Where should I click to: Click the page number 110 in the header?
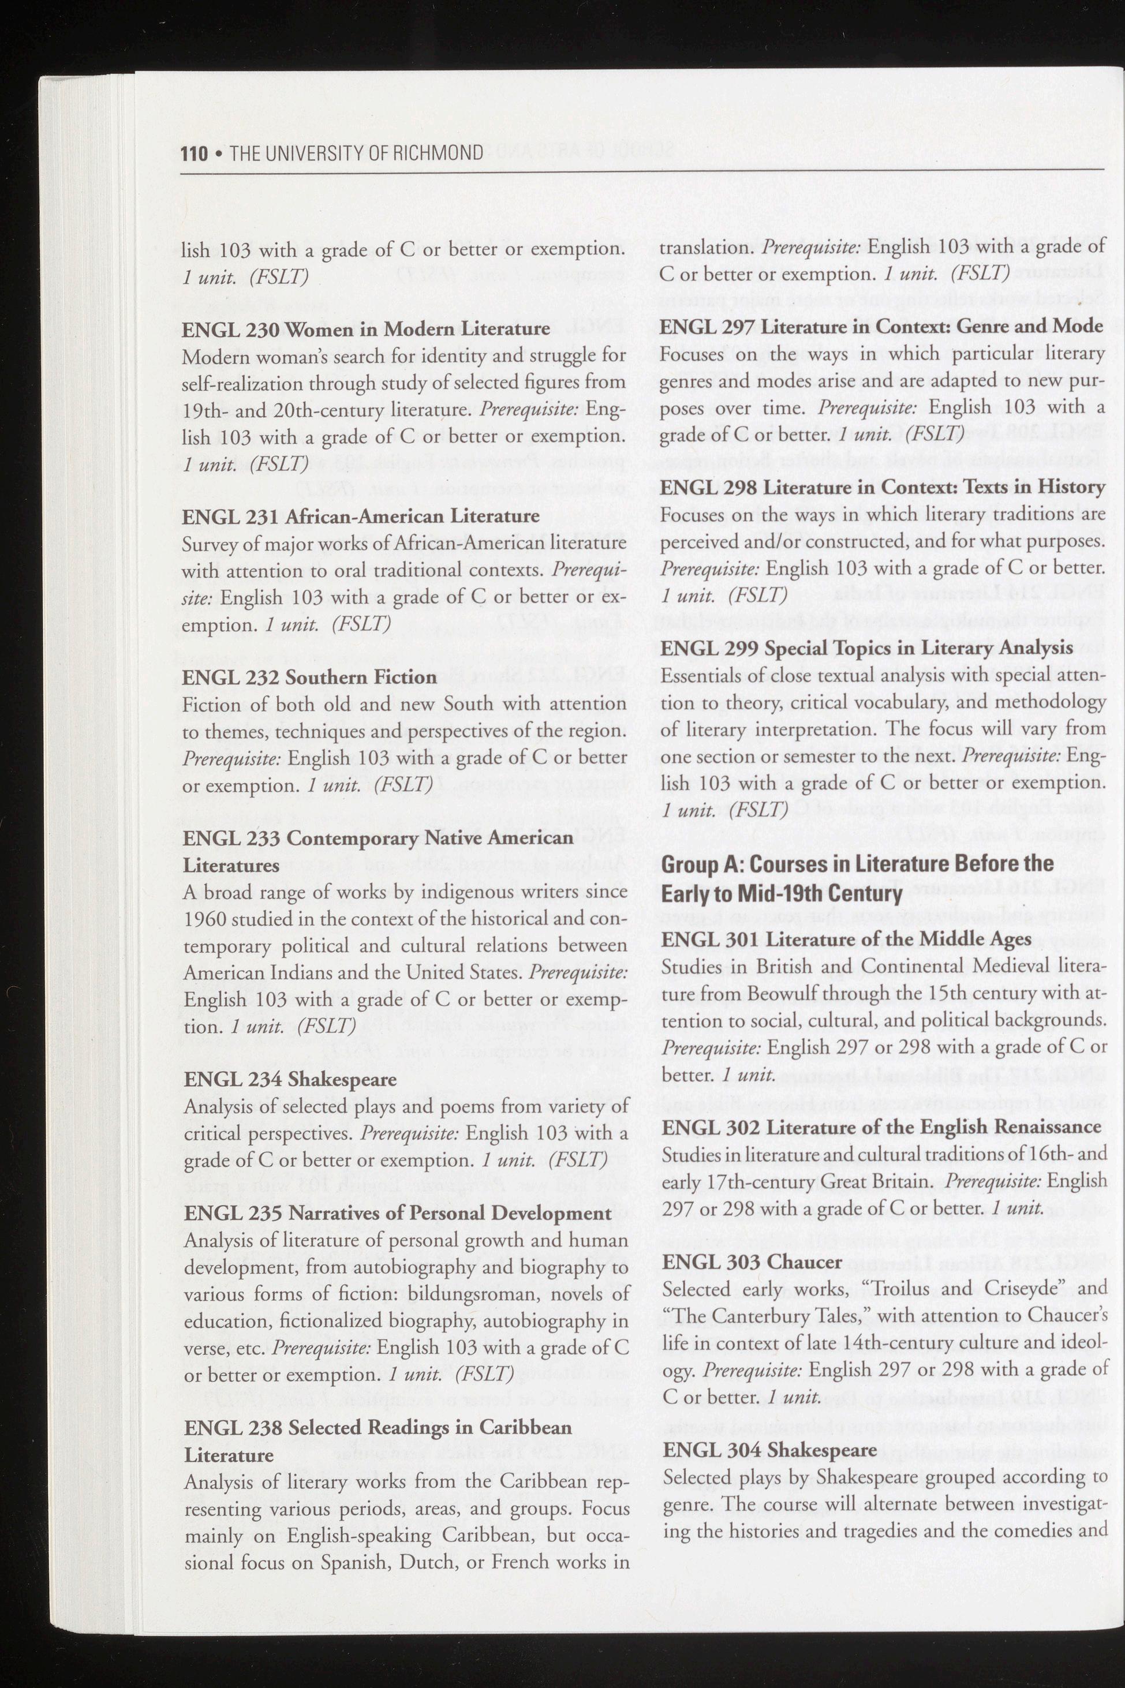coord(194,153)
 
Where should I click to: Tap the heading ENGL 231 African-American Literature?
coord(361,516)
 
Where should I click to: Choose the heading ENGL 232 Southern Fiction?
coord(310,676)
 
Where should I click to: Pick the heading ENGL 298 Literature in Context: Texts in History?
coord(883,486)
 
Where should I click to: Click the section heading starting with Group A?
coord(857,878)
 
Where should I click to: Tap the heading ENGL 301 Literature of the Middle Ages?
coord(847,938)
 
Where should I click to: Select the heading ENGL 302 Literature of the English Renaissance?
coord(881,1127)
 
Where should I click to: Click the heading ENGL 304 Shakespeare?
coord(771,1450)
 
